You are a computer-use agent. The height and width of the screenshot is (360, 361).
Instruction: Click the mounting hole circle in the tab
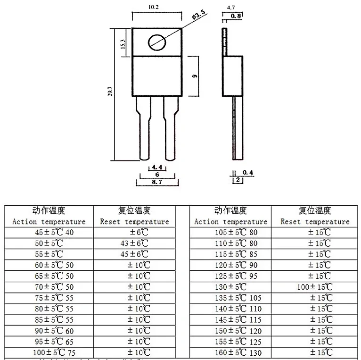(157, 42)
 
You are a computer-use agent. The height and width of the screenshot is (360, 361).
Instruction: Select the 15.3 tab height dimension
(123, 44)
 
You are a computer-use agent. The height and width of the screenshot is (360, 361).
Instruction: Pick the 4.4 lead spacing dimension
(156, 167)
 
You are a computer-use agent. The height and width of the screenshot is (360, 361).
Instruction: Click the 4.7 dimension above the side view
(231, 8)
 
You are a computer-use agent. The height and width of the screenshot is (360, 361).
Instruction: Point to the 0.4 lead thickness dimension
(248, 173)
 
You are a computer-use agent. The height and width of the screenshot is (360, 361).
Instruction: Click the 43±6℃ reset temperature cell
(134, 243)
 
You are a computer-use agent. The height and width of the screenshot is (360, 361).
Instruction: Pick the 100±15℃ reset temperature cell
(315, 287)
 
